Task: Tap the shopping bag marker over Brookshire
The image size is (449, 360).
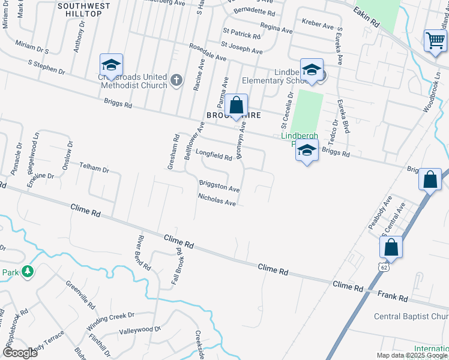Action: pos(237,106)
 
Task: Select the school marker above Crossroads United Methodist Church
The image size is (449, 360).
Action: pos(112,65)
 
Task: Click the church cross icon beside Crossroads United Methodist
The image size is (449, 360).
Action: pos(176,80)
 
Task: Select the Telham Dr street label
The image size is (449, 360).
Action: pos(95,170)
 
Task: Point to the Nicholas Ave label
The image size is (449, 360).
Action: pos(217,199)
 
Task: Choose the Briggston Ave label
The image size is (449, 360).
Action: pos(220,186)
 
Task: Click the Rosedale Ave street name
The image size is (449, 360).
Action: pos(207,53)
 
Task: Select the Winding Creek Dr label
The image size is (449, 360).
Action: pos(111,321)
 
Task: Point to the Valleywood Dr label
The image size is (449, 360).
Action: pos(140,330)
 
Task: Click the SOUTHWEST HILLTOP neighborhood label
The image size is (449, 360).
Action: pos(84,9)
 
